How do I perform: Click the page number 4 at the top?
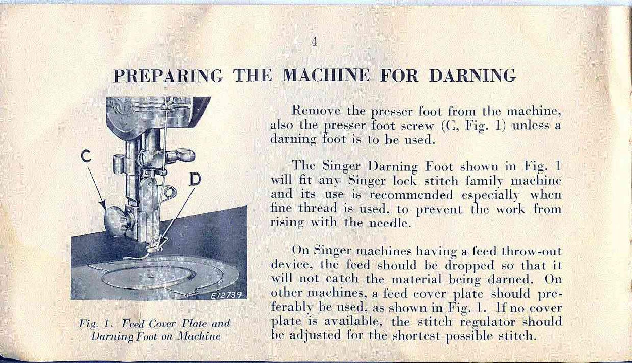pyautogui.click(x=314, y=42)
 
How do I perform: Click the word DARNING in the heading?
pyautogui.click(x=472, y=76)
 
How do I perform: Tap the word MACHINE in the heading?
pyautogui.click(x=326, y=75)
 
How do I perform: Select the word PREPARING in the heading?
pyautogui.click(x=168, y=76)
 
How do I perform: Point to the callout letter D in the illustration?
pyautogui.click(x=195, y=180)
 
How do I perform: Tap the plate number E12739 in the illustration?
pyautogui.click(x=226, y=295)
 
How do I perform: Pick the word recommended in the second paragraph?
pyautogui.click(x=411, y=195)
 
